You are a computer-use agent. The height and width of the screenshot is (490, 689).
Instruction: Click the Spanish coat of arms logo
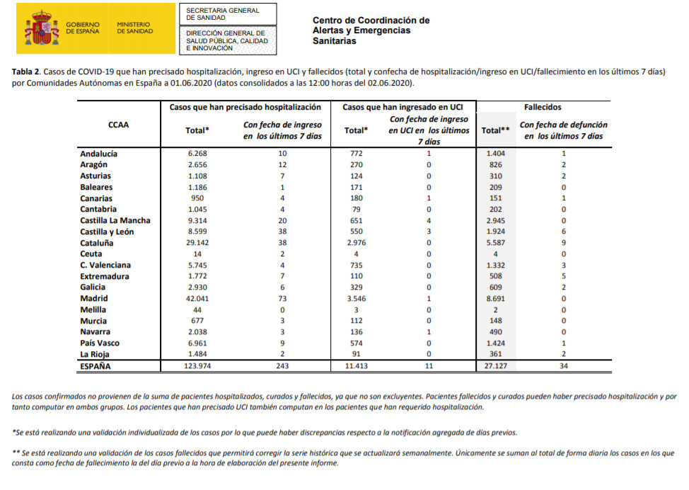[x=42, y=28]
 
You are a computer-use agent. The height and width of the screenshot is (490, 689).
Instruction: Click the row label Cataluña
[x=97, y=243]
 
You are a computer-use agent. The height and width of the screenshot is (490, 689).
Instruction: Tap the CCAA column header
[x=118, y=124]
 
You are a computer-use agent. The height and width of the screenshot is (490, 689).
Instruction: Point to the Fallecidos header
[x=543, y=107]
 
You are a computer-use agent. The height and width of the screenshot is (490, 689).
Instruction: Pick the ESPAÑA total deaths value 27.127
[x=496, y=366]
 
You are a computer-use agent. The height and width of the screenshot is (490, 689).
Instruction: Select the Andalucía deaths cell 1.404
[x=495, y=153]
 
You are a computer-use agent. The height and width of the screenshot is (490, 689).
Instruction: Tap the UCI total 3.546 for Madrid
[x=356, y=299]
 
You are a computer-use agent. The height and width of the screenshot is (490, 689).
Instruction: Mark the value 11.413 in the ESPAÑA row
[x=356, y=366]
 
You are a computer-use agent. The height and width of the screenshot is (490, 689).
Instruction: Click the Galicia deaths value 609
[x=495, y=287]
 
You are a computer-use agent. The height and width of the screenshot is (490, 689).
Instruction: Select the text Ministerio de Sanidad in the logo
[x=134, y=28]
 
